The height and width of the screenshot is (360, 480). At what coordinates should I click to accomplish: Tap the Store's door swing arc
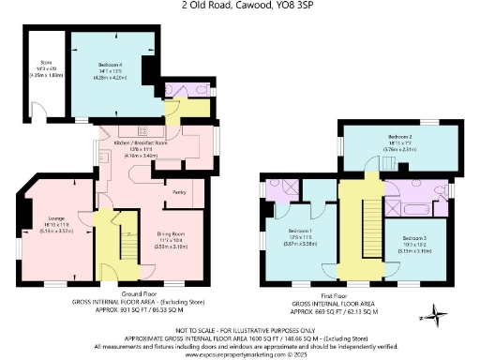pyautogui.click(x=39, y=115)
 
